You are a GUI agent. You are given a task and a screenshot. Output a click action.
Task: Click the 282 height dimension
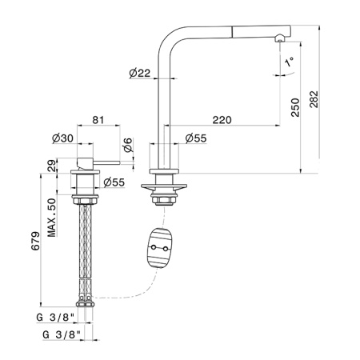[x=314, y=99]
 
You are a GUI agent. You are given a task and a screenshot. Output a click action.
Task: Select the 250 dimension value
[x=295, y=107]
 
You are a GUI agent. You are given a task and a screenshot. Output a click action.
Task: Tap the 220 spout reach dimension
[x=222, y=120]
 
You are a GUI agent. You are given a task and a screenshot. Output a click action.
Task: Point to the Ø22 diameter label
[x=140, y=73]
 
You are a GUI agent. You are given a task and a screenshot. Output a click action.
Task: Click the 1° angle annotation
[x=289, y=62]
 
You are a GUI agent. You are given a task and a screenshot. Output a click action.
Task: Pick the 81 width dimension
[x=98, y=120]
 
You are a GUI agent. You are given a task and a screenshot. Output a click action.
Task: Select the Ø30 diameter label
[x=62, y=138]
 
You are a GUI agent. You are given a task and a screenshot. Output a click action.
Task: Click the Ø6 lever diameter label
[x=128, y=145]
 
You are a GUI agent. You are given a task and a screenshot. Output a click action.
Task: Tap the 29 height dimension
[x=52, y=166]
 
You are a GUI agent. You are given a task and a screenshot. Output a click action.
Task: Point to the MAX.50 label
[x=52, y=218]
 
